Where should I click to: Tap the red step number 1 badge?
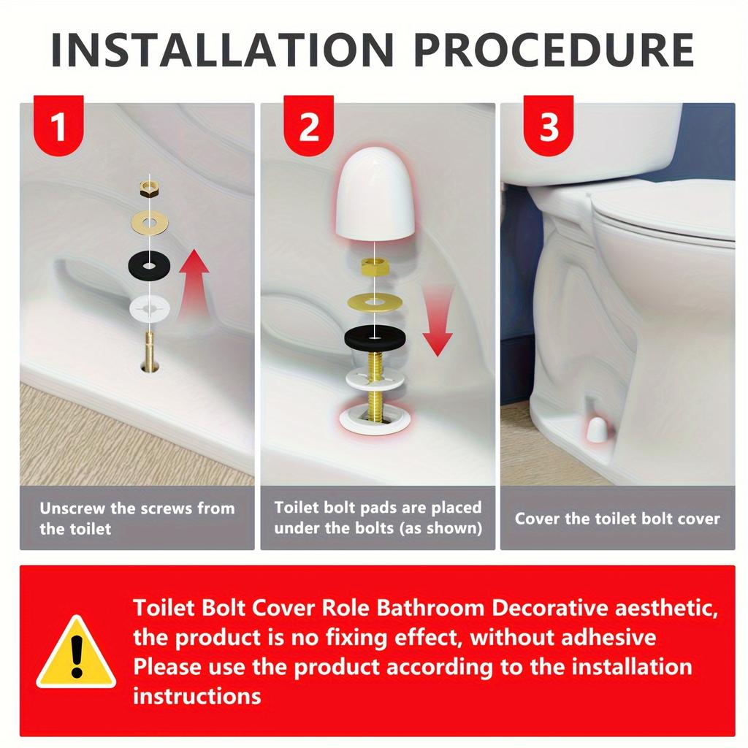click(x=58, y=127)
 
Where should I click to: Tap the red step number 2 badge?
click(x=309, y=127)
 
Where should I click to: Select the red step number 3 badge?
click(x=549, y=127)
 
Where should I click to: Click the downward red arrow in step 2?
click(x=438, y=321)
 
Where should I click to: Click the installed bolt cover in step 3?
click(x=597, y=431)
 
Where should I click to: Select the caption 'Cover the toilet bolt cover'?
click(x=617, y=519)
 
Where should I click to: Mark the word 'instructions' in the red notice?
click(x=196, y=695)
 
